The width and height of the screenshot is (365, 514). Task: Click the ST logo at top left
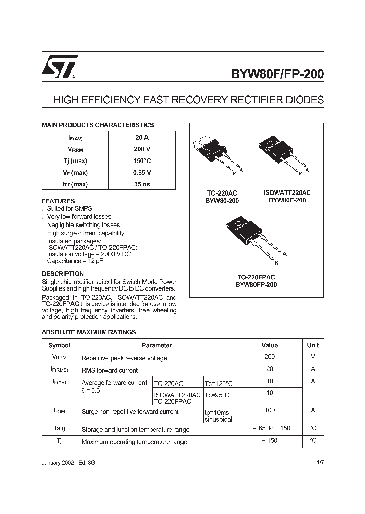click(x=59, y=67)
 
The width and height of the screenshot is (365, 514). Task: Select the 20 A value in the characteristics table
click(x=142, y=138)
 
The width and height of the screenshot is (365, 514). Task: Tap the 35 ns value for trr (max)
click(x=142, y=184)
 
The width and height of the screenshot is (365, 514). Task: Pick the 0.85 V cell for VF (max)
click(x=142, y=173)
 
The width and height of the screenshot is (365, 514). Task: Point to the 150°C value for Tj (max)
click(x=142, y=161)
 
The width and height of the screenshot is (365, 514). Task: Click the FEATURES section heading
click(x=58, y=201)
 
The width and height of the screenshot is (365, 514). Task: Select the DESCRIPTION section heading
click(x=62, y=274)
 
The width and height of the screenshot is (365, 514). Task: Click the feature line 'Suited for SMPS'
click(x=69, y=209)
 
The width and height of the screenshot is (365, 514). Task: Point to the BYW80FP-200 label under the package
click(x=256, y=285)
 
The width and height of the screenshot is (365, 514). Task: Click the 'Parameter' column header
click(x=157, y=345)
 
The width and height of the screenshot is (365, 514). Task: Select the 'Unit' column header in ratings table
click(x=313, y=345)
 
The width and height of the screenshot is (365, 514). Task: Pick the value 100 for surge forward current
click(x=270, y=410)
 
